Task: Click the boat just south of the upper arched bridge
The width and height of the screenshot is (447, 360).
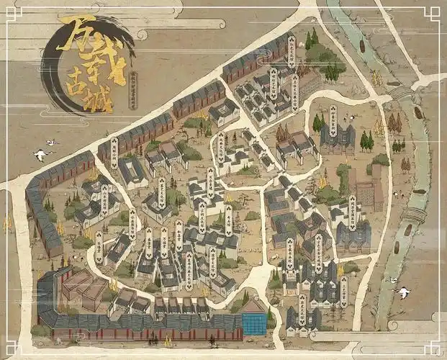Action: tap(419, 113)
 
